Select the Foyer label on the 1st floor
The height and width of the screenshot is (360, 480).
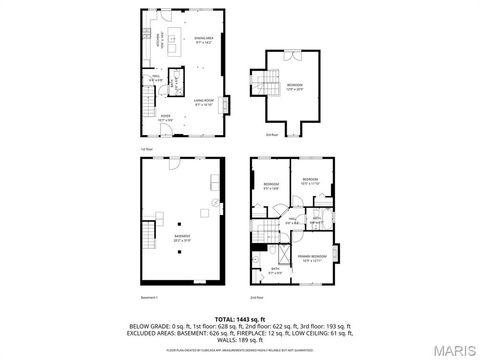pos(166,119)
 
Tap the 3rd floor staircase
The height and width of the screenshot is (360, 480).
pos(267,84)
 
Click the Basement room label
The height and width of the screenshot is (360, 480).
pos(183,239)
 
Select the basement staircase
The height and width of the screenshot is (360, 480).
pos(149,237)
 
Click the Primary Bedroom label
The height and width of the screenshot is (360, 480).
pos(313,258)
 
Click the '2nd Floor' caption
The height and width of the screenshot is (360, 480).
pos(256,298)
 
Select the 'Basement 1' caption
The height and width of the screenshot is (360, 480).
pos(149,298)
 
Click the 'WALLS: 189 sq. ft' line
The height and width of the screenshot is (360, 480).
pos(240,339)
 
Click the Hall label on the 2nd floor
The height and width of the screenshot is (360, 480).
pos(293,221)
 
